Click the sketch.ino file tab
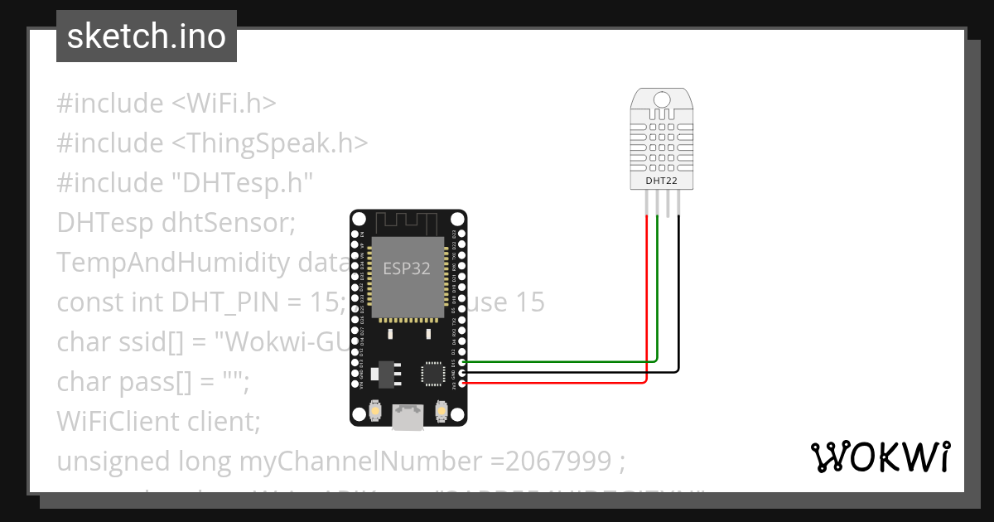147,36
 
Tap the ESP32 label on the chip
408,268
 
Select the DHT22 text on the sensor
661,180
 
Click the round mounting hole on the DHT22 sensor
661,99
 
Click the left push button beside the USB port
375,410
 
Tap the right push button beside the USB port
442,410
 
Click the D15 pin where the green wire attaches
461,362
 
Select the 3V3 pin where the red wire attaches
461,384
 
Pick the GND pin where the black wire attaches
461,373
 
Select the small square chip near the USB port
433,373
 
